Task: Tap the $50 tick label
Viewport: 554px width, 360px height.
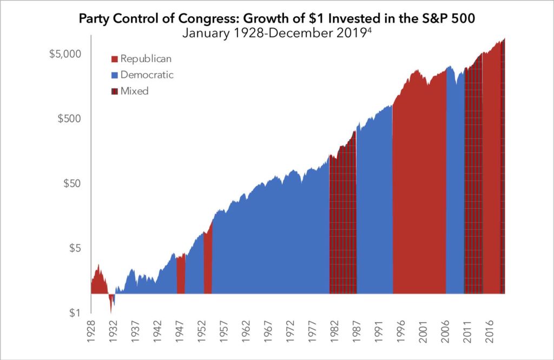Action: (x=73, y=183)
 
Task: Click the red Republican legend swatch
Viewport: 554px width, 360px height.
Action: (x=114, y=59)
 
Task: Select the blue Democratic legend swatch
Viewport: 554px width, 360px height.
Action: (x=114, y=75)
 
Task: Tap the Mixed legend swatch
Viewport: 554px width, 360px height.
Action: (x=114, y=91)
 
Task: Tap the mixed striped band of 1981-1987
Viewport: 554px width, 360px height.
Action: (x=343, y=227)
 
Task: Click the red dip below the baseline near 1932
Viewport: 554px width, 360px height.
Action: (x=111, y=302)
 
